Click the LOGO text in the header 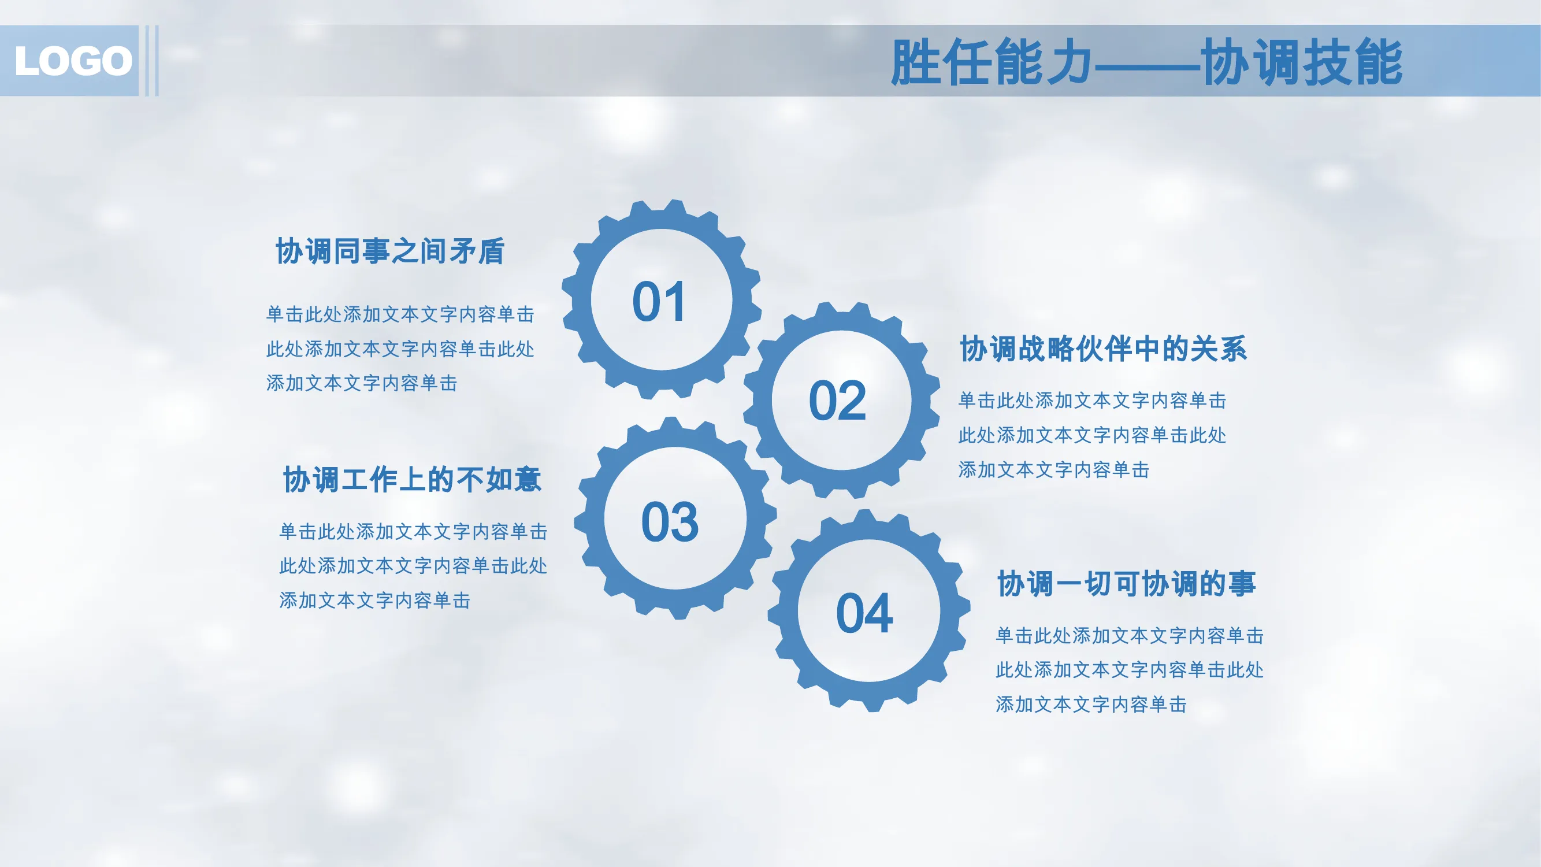(x=73, y=61)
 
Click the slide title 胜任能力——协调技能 (x=1146, y=62)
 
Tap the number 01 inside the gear (x=659, y=302)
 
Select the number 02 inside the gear (x=837, y=401)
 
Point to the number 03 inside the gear (x=670, y=522)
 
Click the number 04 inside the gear (x=864, y=613)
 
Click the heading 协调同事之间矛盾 (x=390, y=251)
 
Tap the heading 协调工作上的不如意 (x=412, y=479)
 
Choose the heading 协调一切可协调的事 (x=1127, y=583)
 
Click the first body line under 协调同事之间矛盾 (x=400, y=314)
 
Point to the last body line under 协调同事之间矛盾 (x=362, y=383)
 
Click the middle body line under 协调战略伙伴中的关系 (x=1093, y=435)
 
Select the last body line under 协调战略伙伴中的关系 (x=1054, y=470)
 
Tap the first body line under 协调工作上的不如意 (x=413, y=531)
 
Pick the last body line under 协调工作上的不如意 (x=375, y=600)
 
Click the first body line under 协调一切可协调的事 (x=1130, y=635)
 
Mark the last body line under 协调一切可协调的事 (x=1091, y=704)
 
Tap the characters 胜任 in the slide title (x=941, y=62)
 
